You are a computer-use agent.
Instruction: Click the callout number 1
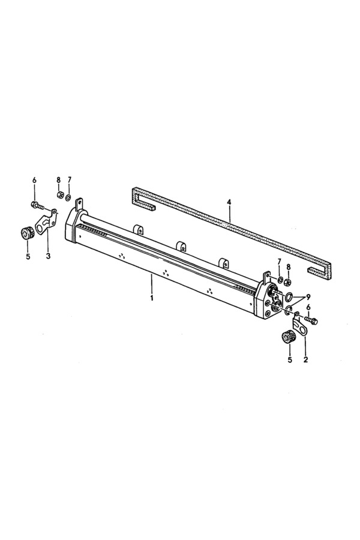152,297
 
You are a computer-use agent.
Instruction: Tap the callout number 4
229,202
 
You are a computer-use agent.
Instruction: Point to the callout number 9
308,296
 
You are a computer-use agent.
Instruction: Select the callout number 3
48,256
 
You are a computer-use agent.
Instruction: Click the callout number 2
305,360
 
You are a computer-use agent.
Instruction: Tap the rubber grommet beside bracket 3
26,232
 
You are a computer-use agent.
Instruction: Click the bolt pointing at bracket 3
38,206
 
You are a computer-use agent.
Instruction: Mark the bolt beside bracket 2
311,320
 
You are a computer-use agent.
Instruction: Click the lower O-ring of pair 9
289,307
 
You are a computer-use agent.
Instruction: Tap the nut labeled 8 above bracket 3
59,194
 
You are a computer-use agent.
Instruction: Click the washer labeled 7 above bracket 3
68,197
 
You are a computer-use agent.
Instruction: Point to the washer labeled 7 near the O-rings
280,279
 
